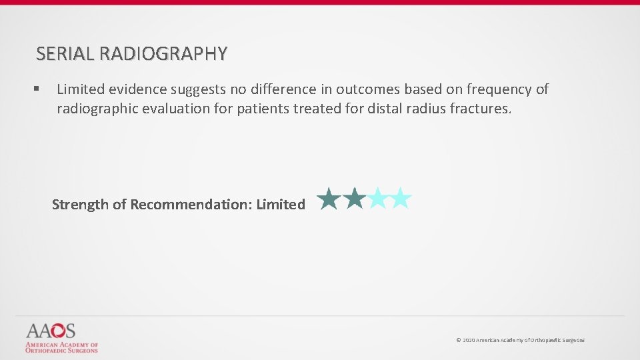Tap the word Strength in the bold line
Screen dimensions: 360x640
coord(79,205)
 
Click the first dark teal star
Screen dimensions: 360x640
coord(328,199)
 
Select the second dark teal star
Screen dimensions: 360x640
coord(354,199)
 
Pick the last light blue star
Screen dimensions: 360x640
coord(400,199)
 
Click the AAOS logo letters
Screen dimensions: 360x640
coord(51,331)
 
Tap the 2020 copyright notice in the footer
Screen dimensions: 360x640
coord(520,340)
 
